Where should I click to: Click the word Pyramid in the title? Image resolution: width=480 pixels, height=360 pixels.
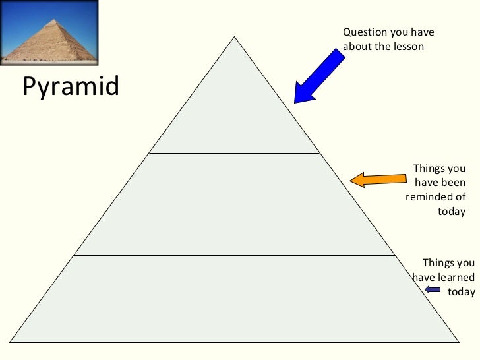coord(71,87)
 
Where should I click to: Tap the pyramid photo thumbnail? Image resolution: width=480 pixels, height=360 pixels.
coord(49,32)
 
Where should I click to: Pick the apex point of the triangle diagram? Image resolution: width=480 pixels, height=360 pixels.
coord(234,36)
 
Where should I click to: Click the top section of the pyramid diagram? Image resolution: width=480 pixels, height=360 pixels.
coord(234,112)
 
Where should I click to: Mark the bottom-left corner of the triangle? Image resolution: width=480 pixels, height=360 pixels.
coord(11,342)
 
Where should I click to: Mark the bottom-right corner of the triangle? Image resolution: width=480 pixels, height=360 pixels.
coord(458,342)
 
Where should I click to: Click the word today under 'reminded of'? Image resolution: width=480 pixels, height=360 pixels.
coord(452,212)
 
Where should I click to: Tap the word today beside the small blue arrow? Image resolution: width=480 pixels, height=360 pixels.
coord(461,291)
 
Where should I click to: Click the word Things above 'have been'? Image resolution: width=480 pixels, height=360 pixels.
coord(428,168)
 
